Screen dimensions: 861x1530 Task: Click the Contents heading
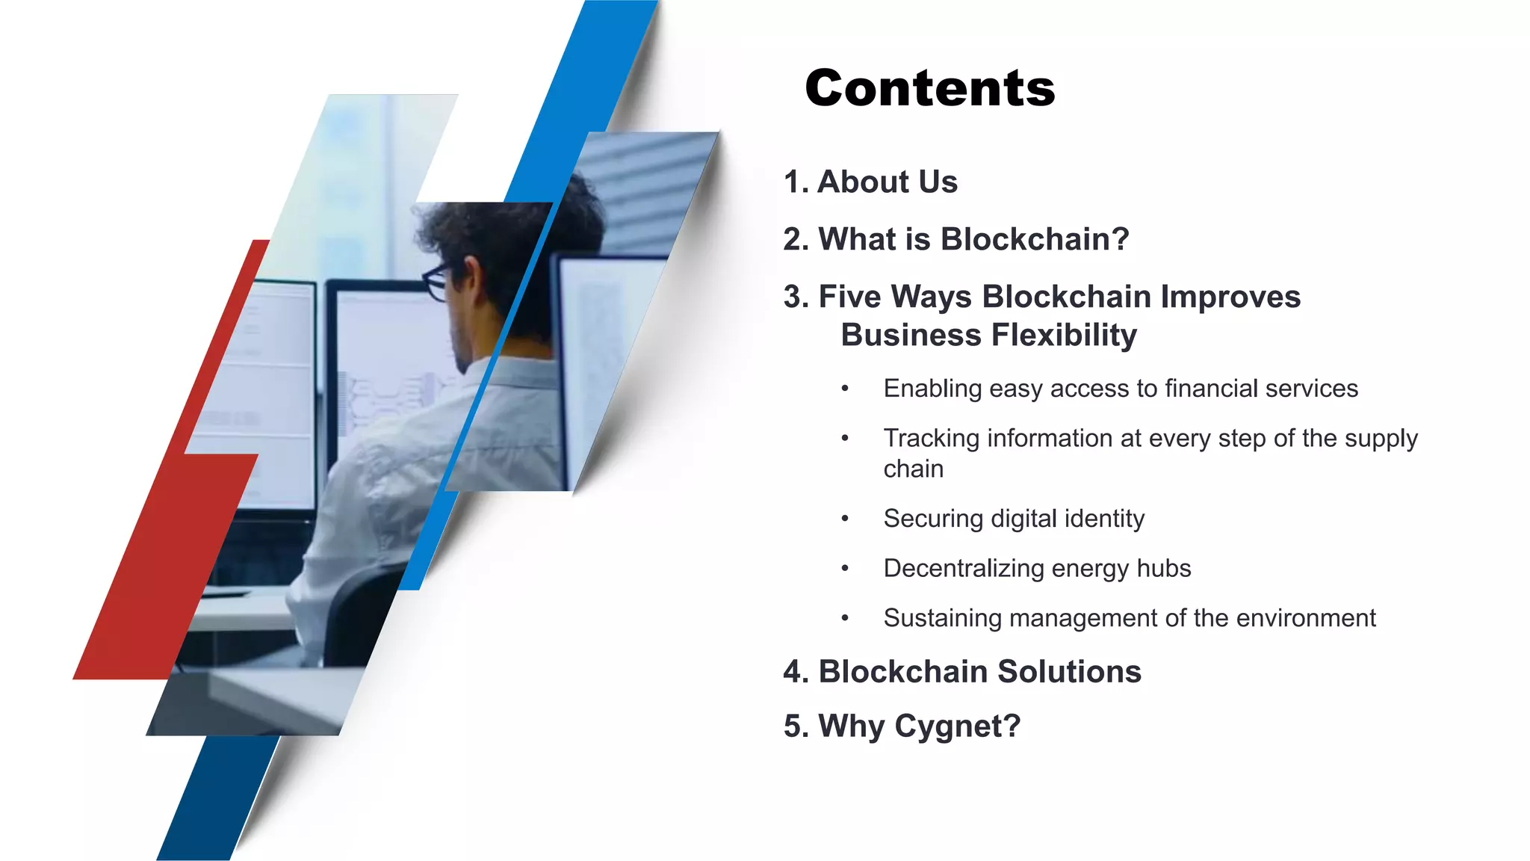click(x=929, y=88)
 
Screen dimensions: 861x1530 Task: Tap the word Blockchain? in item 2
click(x=1035, y=240)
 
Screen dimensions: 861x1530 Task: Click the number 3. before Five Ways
click(x=796, y=297)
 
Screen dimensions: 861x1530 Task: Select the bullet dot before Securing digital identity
click(x=845, y=519)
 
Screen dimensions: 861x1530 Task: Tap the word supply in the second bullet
click(x=1381, y=439)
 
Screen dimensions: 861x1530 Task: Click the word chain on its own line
click(x=913, y=469)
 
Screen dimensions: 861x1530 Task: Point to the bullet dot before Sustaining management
click(x=845, y=618)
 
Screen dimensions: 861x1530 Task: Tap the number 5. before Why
click(x=796, y=726)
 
